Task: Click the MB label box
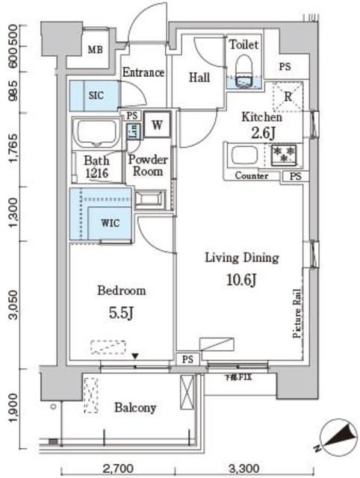(95, 50)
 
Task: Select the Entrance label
(143, 72)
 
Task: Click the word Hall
(199, 77)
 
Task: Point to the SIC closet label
(96, 96)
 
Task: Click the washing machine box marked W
(158, 125)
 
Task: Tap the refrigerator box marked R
(287, 96)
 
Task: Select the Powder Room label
(148, 165)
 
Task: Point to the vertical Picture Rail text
(296, 314)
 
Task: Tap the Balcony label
(135, 408)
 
